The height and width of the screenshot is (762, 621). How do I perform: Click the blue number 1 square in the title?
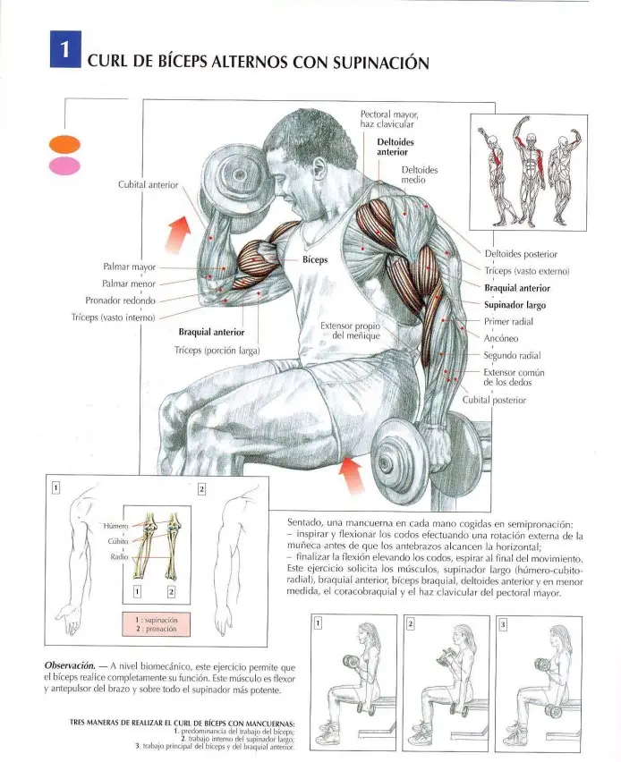coord(65,49)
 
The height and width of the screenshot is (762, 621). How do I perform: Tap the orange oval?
coord(64,144)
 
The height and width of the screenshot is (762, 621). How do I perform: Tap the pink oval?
coord(64,165)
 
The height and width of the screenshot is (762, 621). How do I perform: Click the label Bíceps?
coord(315,259)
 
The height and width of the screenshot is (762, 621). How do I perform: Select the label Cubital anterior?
coord(149,184)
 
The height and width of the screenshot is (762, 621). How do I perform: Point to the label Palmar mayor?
coord(130,267)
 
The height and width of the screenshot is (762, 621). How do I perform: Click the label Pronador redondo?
coord(120,301)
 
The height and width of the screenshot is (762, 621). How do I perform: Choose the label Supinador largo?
coord(515,305)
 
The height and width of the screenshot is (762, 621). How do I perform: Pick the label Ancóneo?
coord(501,338)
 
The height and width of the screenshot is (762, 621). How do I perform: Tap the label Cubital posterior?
coord(494,400)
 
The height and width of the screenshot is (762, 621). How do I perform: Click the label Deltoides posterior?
coord(521,254)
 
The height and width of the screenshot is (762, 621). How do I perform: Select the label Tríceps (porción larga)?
coord(217,351)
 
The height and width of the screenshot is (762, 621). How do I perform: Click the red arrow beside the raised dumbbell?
coord(177,234)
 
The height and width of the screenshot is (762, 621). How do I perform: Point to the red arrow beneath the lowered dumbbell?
coord(351,475)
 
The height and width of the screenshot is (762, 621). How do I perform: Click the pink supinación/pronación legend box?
coord(156,624)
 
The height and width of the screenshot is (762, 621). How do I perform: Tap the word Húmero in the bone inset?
coord(115,526)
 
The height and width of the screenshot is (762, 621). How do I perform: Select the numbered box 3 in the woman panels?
coord(503,624)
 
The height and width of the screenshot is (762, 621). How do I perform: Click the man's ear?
coord(319,168)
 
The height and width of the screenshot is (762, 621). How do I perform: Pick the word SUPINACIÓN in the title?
coord(381,62)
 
